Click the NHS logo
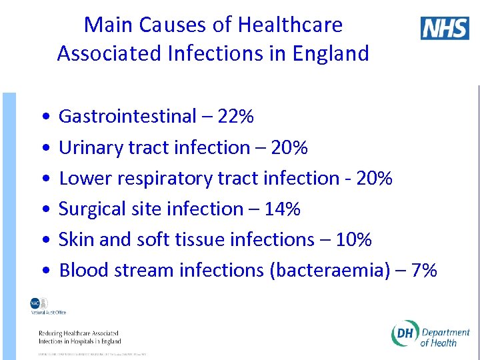[x=445, y=28]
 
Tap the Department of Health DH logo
[x=431, y=337]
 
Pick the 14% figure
[x=282, y=209]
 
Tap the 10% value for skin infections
[x=353, y=239]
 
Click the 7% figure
[x=424, y=270]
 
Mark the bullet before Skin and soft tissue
[x=43, y=240]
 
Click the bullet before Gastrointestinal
[x=43, y=117]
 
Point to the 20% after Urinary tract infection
[x=289, y=147]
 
